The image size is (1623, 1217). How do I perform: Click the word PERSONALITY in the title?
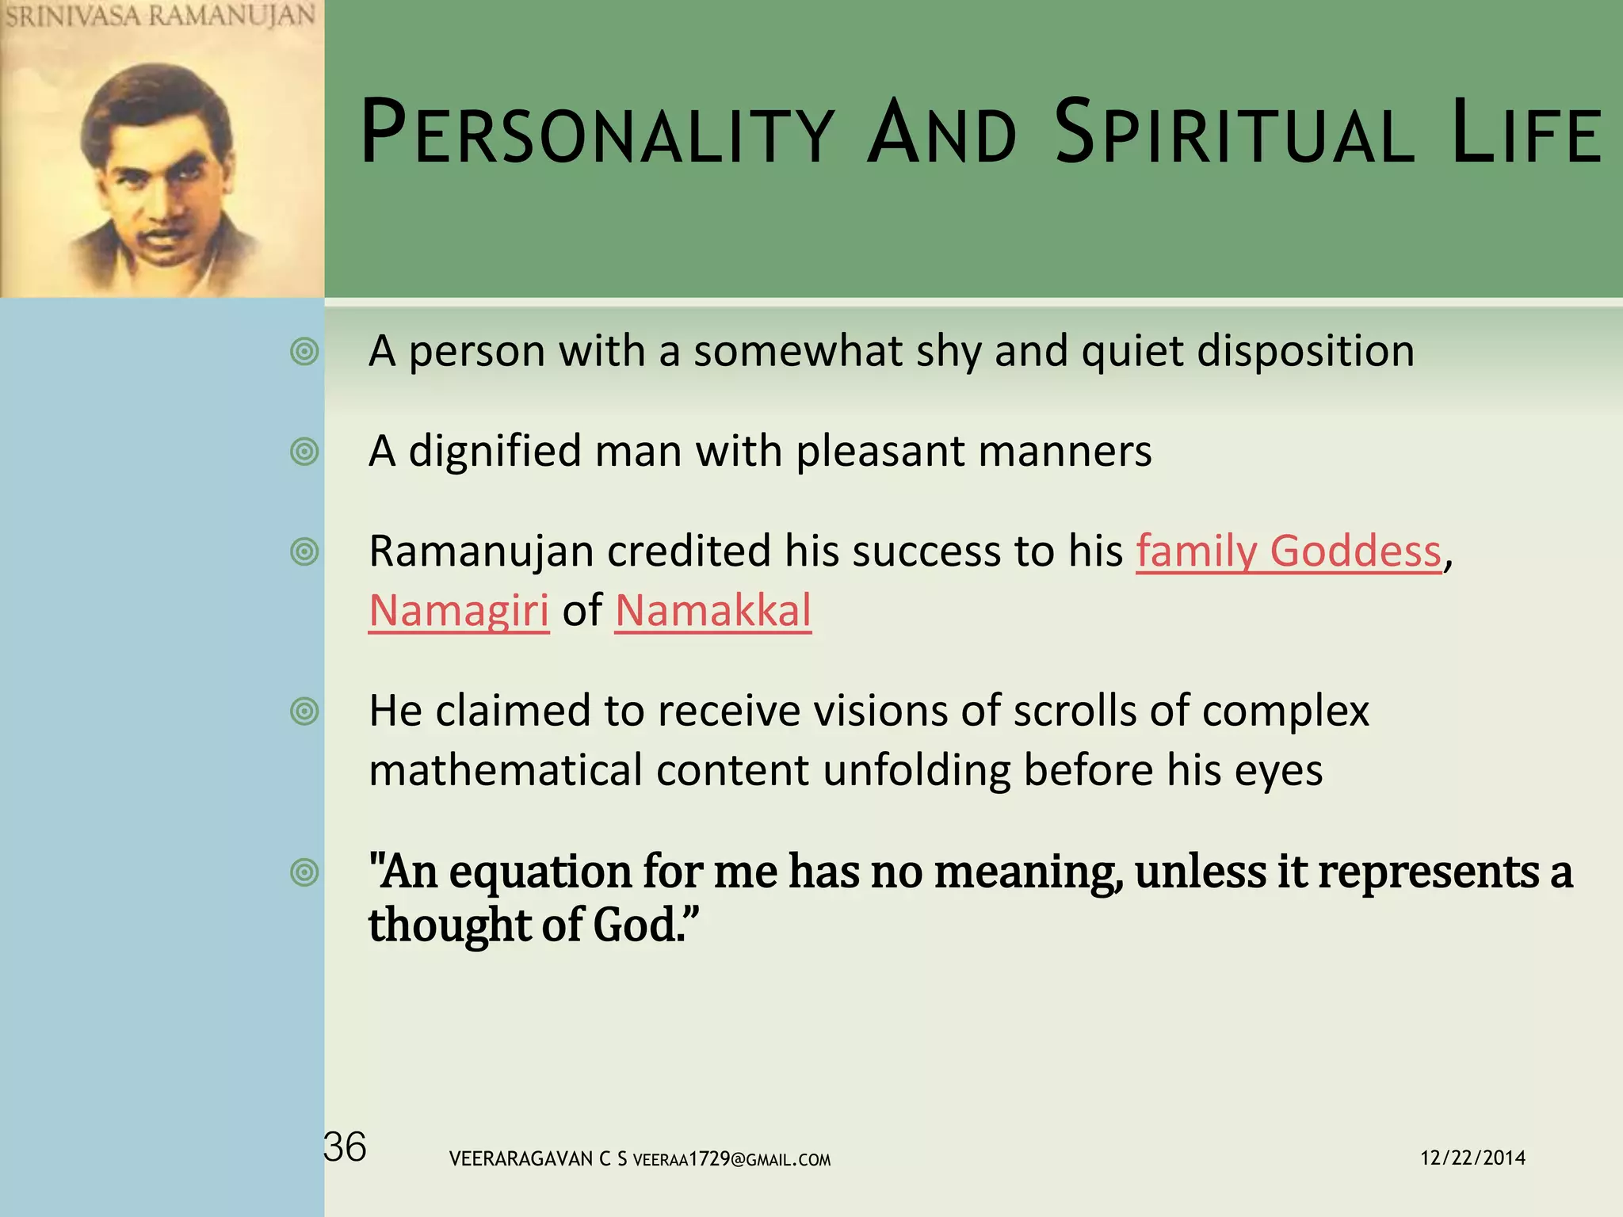[x=598, y=132]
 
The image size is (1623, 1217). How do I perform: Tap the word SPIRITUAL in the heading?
[x=1234, y=132]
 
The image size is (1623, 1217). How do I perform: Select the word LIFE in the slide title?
[x=1526, y=132]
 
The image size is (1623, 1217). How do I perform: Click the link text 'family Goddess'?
[x=1289, y=551]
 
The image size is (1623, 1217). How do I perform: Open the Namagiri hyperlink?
[x=459, y=611]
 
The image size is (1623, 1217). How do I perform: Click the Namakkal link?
[x=713, y=611]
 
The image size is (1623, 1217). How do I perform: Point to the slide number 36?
[x=346, y=1147]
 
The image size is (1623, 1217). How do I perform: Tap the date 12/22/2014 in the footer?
[x=1472, y=1158]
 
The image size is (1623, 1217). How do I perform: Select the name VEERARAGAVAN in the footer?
[x=521, y=1159]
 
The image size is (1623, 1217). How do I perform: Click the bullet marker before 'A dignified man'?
[x=304, y=452]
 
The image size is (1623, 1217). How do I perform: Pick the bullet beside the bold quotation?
[x=304, y=872]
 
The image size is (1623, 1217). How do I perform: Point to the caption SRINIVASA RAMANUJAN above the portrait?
[x=160, y=16]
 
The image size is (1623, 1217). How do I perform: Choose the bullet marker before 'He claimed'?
[x=304, y=711]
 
